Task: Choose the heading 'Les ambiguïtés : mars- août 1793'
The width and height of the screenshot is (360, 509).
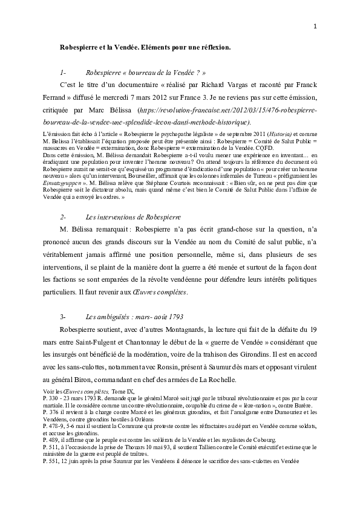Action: [135, 316]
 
